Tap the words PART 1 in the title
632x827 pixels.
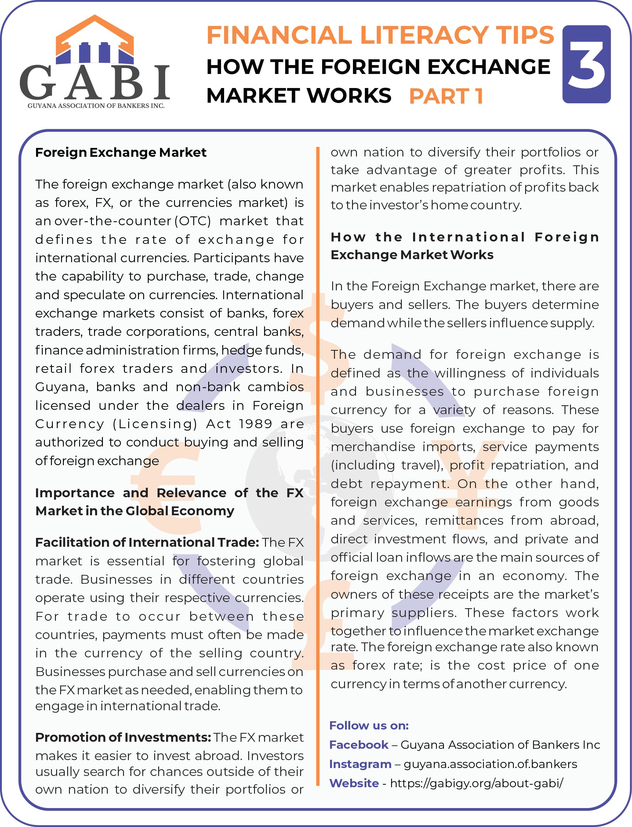tap(446, 96)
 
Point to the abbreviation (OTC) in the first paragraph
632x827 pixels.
tap(193, 221)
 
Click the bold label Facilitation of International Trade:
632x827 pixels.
tap(147, 542)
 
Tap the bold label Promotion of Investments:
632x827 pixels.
tap(123, 737)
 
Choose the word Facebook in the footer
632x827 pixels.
tap(358, 744)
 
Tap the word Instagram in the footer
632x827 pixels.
tap(360, 764)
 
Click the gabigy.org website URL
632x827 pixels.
tap(476, 783)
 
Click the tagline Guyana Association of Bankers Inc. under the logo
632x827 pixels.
tap(96, 106)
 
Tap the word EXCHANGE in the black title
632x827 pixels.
tap(489, 67)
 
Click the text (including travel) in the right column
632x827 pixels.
tap(387, 465)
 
